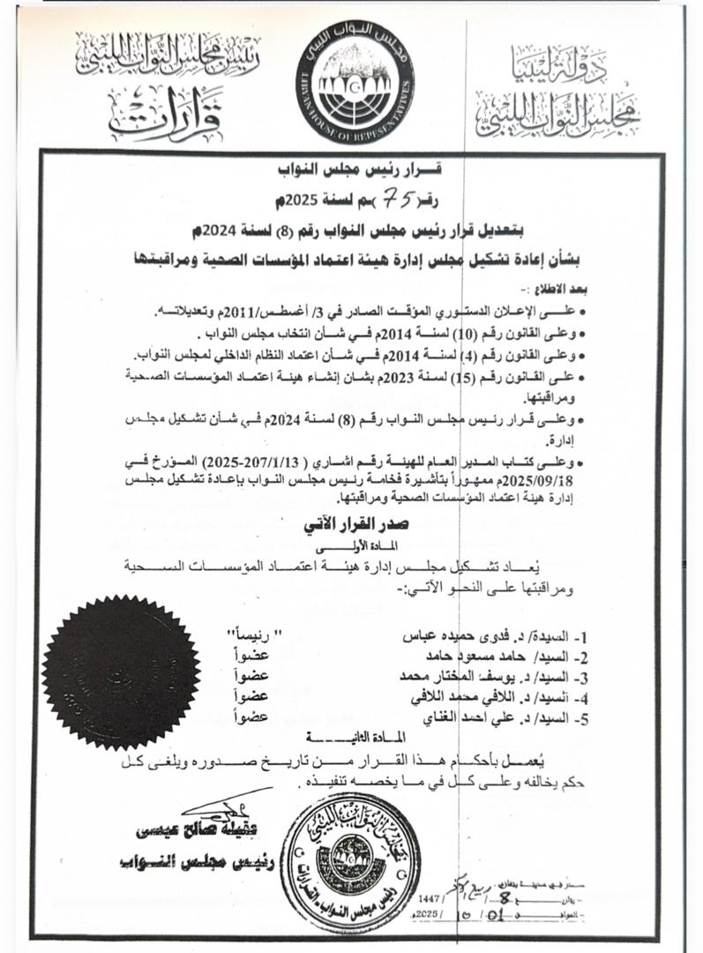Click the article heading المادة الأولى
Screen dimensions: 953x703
coord(350,545)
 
